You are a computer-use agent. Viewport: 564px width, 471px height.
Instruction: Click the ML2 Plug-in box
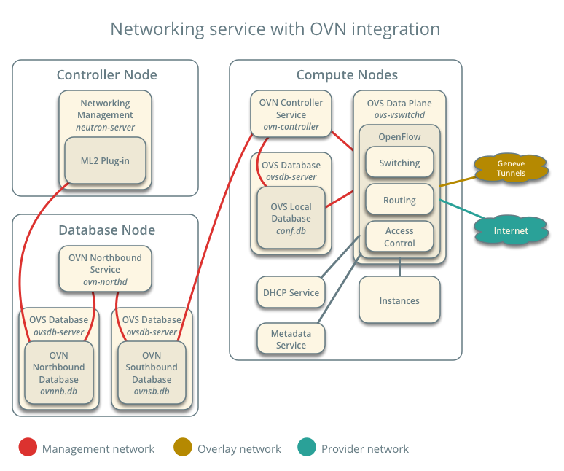coord(105,160)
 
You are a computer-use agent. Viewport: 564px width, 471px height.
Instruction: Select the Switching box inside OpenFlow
coord(399,163)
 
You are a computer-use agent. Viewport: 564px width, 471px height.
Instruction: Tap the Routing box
coord(399,200)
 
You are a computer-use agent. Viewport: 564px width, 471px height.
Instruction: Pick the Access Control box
coord(399,237)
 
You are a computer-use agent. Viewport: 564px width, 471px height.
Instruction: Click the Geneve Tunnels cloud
coord(511,168)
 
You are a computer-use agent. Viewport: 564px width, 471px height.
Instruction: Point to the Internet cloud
coord(511,231)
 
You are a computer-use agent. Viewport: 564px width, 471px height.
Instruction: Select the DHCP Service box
coord(291,292)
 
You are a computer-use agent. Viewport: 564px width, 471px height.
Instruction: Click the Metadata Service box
coord(291,339)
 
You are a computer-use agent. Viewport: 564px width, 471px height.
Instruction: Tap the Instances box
coord(399,300)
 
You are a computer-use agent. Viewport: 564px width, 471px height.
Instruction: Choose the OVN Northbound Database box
coord(58,373)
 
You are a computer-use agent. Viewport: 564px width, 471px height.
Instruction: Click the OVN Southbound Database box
coord(152,373)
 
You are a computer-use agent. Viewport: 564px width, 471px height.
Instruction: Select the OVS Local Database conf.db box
coord(291,218)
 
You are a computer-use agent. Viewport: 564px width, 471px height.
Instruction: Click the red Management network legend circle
coord(28,448)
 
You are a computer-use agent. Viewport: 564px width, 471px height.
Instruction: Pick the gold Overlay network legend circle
coord(183,448)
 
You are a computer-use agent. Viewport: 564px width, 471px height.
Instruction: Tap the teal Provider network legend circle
coord(307,448)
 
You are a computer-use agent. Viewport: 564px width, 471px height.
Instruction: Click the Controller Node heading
coord(106,75)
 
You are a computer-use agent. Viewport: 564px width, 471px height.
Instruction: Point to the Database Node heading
coord(106,230)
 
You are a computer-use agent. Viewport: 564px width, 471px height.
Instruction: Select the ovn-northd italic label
coord(105,281)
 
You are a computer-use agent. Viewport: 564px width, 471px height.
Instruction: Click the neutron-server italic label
coord(106,127)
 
